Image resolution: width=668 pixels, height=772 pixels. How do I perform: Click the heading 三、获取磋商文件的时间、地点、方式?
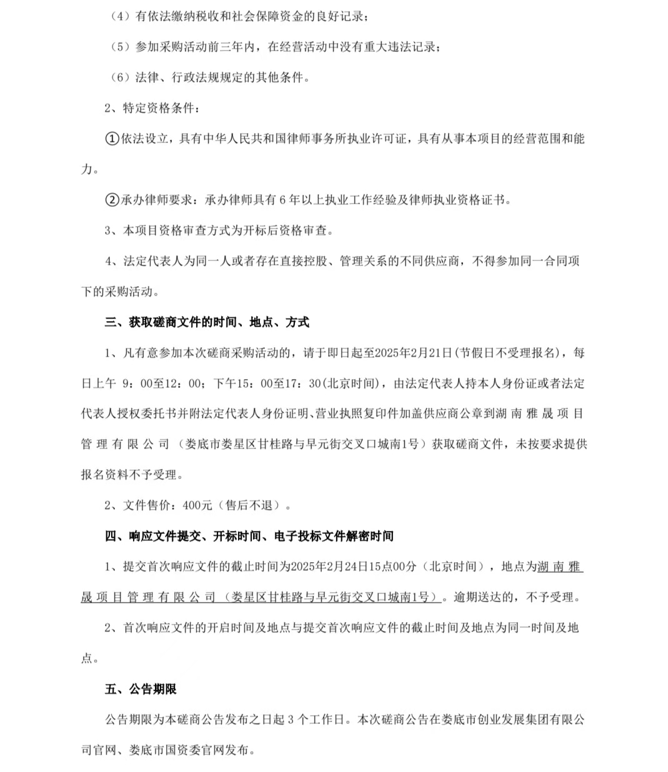207,322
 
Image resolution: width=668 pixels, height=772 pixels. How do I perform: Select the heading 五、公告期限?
141,689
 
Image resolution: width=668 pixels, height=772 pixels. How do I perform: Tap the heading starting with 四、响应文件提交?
249,536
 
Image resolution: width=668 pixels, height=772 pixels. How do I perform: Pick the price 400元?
197,505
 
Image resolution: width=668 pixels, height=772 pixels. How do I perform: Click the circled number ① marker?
112,139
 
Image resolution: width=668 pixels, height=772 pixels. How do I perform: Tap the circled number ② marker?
112,200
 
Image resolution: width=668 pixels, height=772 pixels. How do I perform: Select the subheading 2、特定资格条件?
152,108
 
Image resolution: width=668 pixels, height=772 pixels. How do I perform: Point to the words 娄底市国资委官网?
176,750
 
